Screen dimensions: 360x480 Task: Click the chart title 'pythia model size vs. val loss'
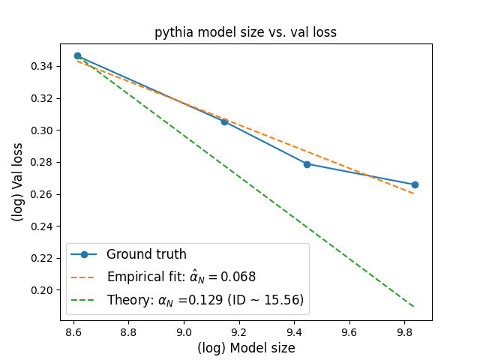(245, 32)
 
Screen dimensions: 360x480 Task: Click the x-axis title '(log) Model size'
(245, 348)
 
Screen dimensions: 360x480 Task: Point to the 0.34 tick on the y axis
(42, 67)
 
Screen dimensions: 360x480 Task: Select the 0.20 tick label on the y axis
(42, 290)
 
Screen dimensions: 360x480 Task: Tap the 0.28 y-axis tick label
(42, 163)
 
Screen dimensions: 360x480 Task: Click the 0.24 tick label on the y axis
(42, 226)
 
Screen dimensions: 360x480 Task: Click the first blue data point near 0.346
(77, 55)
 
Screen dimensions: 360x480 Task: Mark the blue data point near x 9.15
(224, 121)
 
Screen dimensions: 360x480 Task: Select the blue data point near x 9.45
(307, 164)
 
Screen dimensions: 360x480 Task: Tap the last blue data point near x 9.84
(415, 184)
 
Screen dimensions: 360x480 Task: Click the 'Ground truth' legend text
(146, 254)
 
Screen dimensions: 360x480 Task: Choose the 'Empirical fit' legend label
(181, 277)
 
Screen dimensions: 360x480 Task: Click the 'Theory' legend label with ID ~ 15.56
(205, 300)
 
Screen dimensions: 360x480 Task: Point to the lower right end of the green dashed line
(414, 307)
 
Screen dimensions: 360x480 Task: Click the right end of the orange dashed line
(414, 194)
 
